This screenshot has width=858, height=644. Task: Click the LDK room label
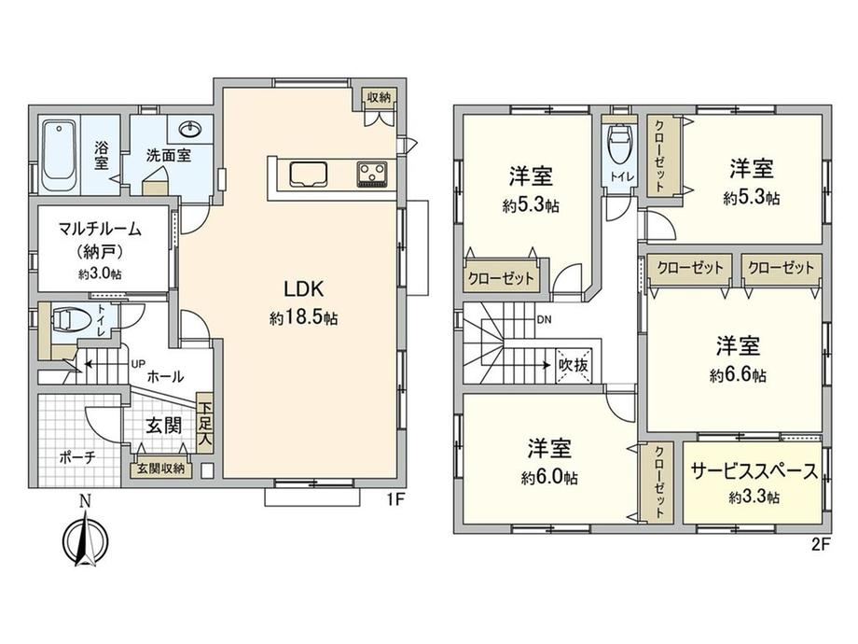pos(304,288)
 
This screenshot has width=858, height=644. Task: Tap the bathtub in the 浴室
pos(58,156)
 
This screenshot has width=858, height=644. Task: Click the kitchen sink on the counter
pos(309,175)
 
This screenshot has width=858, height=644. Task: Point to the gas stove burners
pos(372,175)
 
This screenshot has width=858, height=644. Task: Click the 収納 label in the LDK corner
pos(379,97)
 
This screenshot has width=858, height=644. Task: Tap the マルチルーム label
pos(100,228)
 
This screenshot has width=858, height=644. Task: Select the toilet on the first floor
pos(67,320)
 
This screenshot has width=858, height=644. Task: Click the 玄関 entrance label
pos(163,425)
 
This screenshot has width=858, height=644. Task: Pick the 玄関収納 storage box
pos(160,469)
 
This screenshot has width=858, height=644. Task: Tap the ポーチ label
pos(77,457)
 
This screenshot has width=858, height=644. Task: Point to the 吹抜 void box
pos(573,364)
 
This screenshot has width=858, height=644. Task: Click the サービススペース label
pos(754,471)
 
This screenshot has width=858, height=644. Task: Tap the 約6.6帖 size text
pos(738,375)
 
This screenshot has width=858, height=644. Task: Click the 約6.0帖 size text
pos(548,478)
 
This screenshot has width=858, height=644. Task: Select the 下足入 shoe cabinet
pos(204,424)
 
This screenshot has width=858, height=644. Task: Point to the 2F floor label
pos(821,544)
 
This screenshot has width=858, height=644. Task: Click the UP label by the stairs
pos(137,363)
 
